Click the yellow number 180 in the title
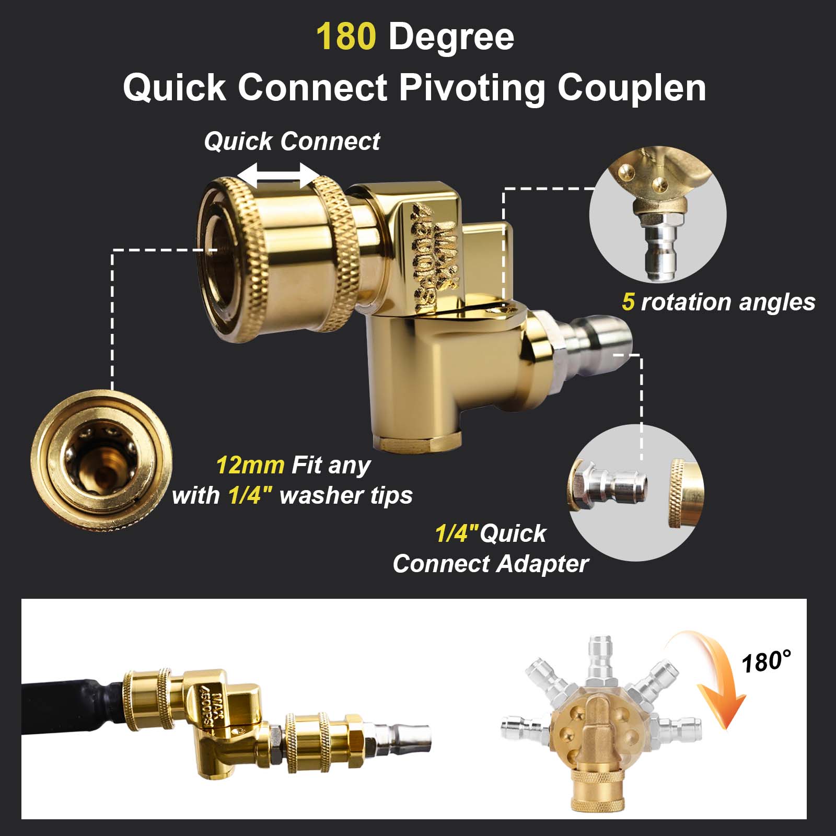pos(345,37)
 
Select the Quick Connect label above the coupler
pos(292,142)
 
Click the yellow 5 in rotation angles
pos(628,302)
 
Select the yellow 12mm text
pos(250,465)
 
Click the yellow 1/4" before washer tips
pos(250,495)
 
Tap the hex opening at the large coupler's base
pos(418,442)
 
